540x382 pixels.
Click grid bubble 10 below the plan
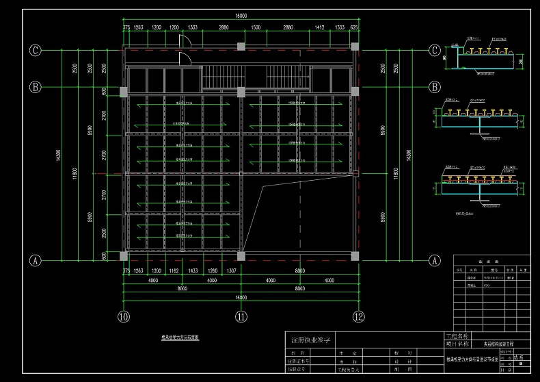(x=123, y=316)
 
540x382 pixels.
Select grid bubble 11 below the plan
(x=241, y=316)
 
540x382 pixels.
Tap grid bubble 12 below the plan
(x=358, y=316)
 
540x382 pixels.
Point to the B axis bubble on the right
(x=433, y=87)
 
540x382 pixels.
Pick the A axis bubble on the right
(x=433, y=260)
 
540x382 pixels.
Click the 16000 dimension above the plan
(x=241, y=15)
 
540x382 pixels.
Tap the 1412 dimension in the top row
(x=319, y=27)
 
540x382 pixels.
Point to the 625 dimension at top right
(x=354, y=27)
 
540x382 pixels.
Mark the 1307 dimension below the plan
(x=232, y=271)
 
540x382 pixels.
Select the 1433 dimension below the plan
(x=193, y=271)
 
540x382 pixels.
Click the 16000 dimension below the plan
(x=241, y=298)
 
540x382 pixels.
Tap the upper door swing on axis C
(x=184, y=40)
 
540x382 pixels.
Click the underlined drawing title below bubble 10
(x=180, y=338)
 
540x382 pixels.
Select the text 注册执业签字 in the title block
(x=311, y=340)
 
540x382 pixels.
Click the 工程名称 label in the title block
(x=457, y=336)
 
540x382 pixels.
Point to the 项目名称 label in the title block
(x=457, y=344)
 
